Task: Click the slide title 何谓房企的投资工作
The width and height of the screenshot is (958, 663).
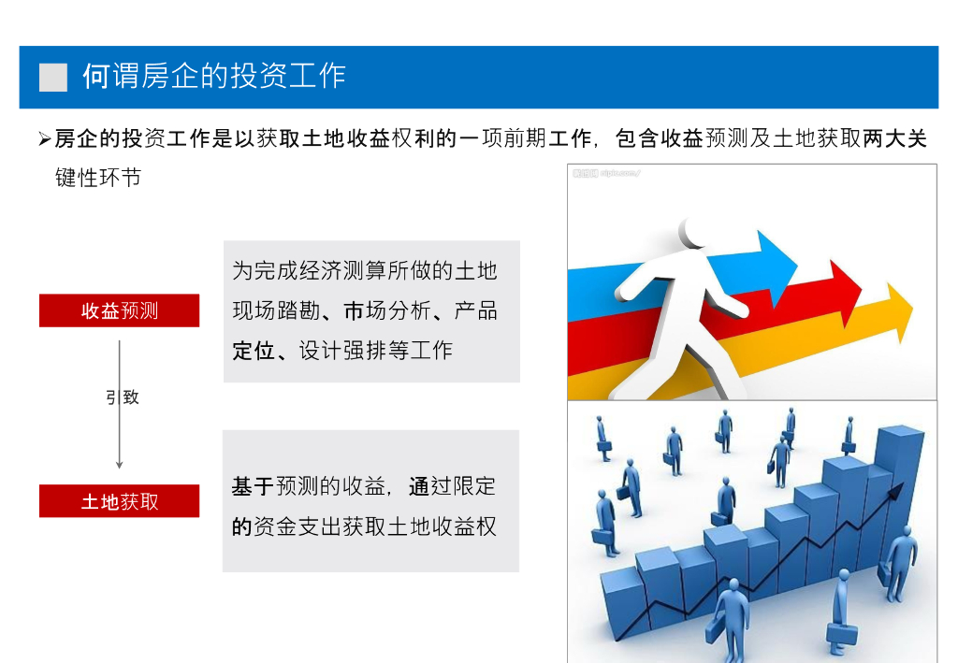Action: point(214,77)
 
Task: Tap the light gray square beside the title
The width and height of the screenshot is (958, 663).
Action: point(53,78)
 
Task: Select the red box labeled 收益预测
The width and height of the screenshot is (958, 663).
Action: point(119,310)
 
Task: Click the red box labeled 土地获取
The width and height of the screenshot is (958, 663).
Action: point(119,501)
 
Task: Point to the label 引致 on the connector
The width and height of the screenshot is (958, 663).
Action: point(123,397)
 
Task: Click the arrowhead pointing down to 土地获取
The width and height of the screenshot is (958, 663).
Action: point(119,465)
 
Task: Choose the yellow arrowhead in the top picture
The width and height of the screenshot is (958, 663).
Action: point(900,312)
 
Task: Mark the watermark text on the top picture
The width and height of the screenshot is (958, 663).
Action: point(606,173)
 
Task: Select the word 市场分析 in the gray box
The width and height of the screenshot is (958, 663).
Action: point(387,310)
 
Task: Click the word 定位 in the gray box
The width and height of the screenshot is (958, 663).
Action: point(254,351)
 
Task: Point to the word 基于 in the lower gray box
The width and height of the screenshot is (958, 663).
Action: point(254,486)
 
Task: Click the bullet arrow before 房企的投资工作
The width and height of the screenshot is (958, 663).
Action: point(45,139)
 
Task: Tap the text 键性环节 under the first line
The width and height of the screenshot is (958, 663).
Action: point(98,178)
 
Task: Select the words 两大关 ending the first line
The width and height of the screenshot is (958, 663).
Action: point(895,138)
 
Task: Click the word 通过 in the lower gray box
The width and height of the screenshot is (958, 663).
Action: point(430,486)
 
